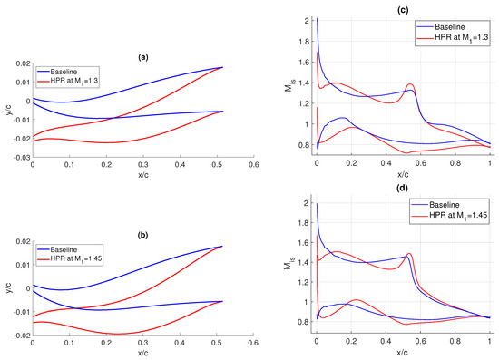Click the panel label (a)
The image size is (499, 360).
click(x=142, y=57)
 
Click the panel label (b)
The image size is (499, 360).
click(x=142, y=235)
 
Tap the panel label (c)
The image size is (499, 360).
click(x=402, y=7)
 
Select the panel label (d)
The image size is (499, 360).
click(x=402, y=187)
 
